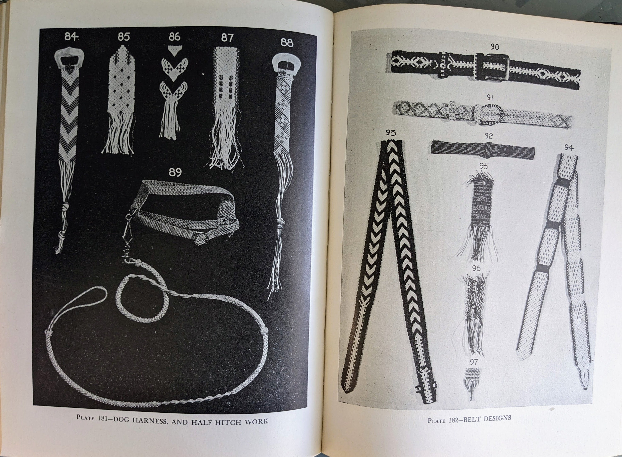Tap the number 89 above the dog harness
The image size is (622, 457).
[x=175, y=172]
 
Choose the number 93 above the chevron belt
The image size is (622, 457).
[x=391, y=133]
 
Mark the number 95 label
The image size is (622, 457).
[x=484, y=167]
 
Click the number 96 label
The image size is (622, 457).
[x=476, y=268]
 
